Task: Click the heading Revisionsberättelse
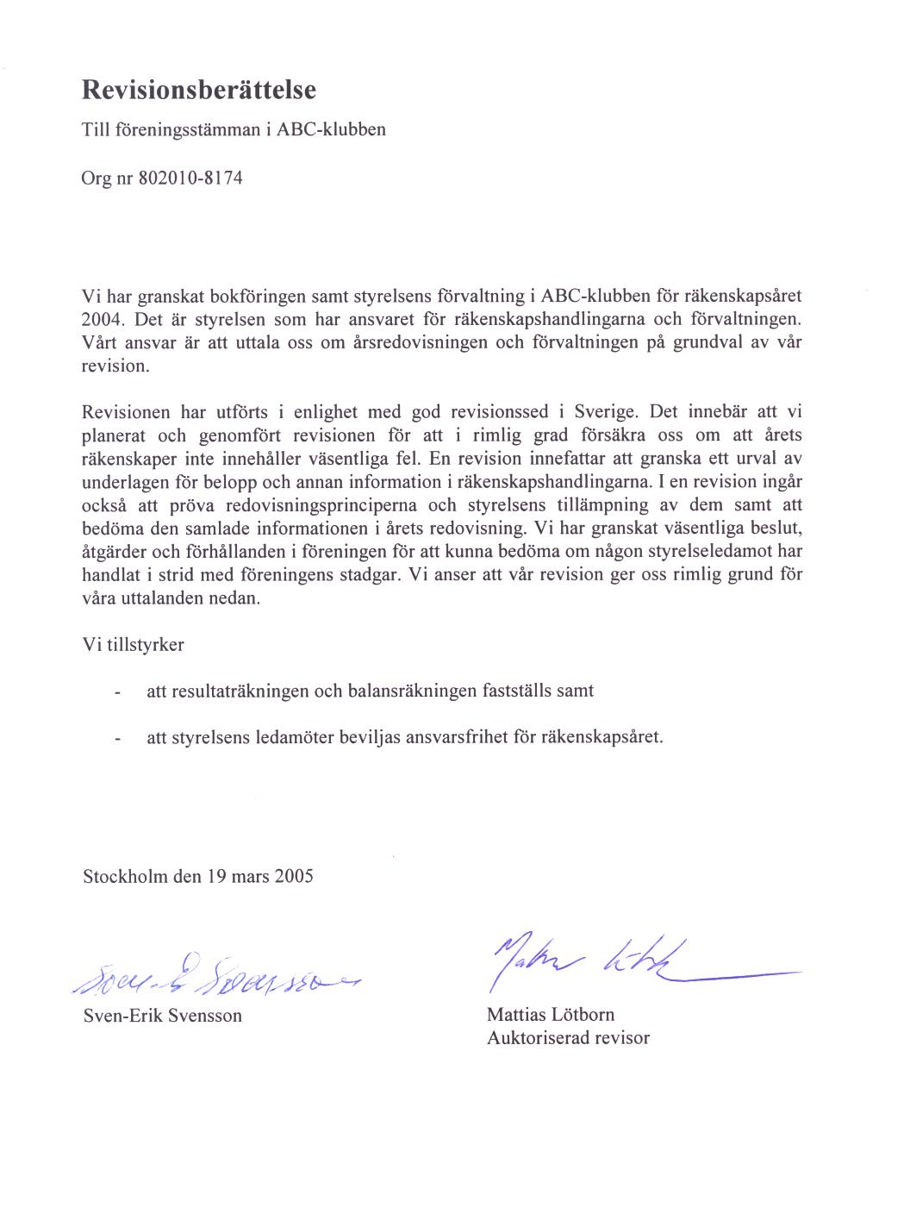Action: (199, 89)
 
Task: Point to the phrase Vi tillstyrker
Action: (133, 644)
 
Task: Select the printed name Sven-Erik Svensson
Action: (162, 1015)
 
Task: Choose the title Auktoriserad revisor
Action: (568, 1037)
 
